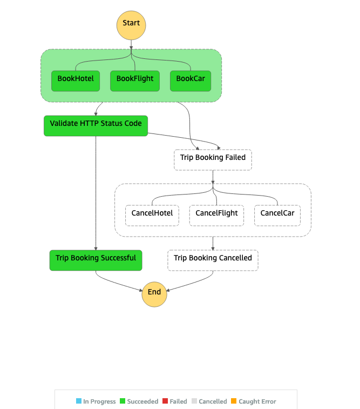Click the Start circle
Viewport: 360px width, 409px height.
coord(131,25)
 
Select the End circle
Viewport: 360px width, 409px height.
coord(154,294)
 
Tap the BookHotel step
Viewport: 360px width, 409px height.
coord(76,81)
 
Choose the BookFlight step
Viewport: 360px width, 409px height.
coord(135,81)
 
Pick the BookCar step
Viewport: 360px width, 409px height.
coord(191,81)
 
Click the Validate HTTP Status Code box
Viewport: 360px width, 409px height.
coord(96,126)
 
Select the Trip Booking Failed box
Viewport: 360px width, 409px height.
coord(213,160)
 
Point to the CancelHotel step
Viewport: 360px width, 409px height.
coord(152,216)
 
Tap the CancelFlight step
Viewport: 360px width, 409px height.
coord(217,216)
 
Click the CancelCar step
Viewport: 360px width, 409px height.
coord(277,216)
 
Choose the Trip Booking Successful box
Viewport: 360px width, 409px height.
coord(96,260)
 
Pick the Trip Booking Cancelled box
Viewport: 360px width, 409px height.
coord(213,260)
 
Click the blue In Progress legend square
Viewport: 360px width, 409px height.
coord(79,401)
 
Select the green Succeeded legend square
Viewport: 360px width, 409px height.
coord(123,401)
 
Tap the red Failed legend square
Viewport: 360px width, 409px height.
coord(165,401)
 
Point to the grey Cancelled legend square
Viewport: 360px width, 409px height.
coord(194,401)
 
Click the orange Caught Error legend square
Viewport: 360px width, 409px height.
coord(234,401)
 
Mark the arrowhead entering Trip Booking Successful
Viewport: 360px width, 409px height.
coord(96,249)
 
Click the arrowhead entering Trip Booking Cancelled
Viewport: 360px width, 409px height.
coord(213,249)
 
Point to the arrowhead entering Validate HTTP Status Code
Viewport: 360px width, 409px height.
coord(96,114)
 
